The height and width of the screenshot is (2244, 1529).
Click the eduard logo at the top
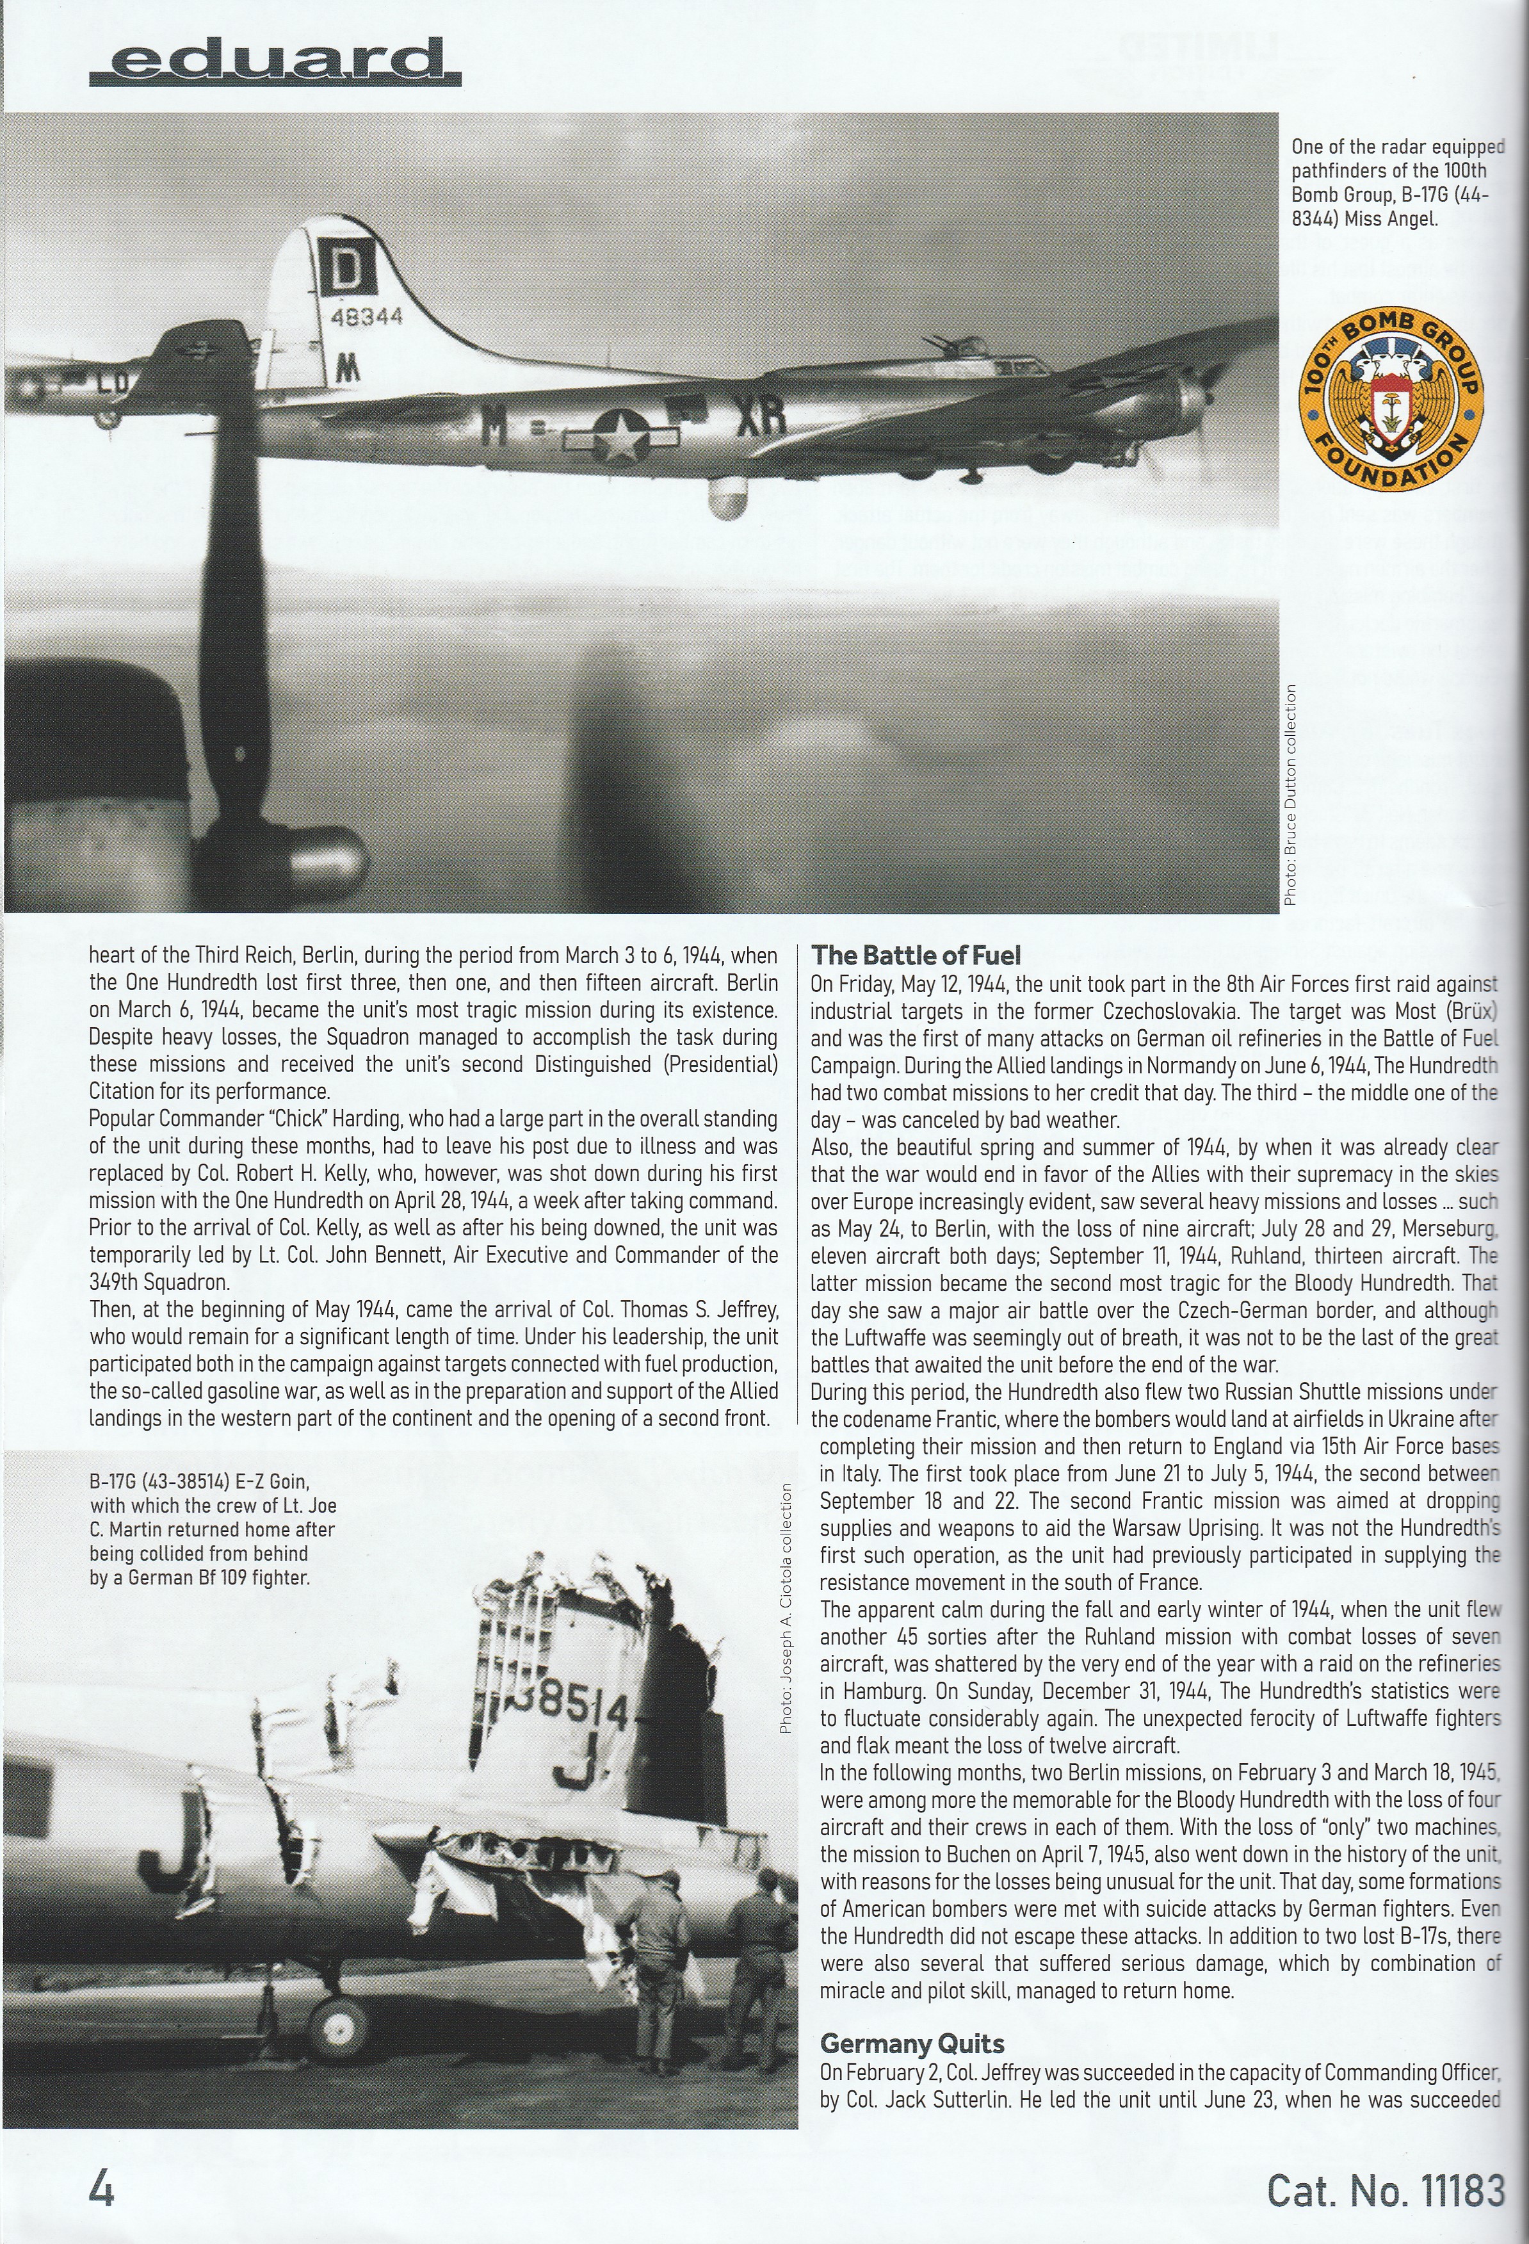point(275,63)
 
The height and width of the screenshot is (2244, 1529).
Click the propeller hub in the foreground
point(323,854)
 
